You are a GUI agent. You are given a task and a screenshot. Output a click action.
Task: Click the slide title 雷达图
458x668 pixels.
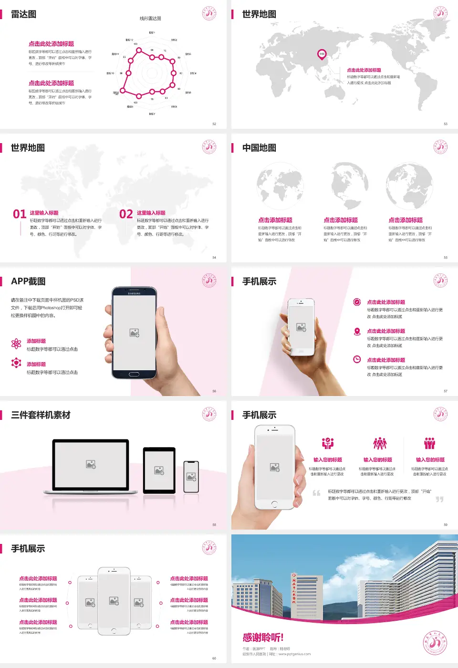click(x=23, y=14)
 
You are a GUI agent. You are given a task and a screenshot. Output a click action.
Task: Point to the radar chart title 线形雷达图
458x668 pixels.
click(x=150, y=19)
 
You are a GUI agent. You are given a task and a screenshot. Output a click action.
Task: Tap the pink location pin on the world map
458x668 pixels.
click(x=322, y=54)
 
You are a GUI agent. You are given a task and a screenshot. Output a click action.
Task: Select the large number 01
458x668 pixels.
click(x=20, y=214)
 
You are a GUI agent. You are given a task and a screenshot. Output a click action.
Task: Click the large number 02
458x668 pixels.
click(x=126, y=214)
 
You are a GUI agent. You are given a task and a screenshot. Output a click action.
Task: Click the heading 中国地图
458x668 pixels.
click(x=259, y=148)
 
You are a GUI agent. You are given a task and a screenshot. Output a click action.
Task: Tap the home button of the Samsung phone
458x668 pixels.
click(x=134, y=374)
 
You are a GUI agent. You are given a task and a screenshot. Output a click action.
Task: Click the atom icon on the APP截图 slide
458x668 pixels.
click(x=16, y=344)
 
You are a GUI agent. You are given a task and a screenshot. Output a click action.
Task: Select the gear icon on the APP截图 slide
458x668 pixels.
click(x=16, y=363)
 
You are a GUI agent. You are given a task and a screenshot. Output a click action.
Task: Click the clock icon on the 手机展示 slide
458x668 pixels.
click(x=357, y=359)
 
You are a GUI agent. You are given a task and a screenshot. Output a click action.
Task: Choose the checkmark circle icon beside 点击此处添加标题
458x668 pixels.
click(x=357, y=302)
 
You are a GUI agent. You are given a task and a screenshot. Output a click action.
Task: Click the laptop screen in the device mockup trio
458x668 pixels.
click(x=91, y=464)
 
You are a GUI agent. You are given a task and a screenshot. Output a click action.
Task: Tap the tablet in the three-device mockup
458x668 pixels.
click(x=159, y=470)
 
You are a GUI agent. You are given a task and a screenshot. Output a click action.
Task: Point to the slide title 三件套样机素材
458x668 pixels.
click(x=41, y=415)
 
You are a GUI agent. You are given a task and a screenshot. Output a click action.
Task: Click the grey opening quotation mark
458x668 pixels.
click(x=316, y=493)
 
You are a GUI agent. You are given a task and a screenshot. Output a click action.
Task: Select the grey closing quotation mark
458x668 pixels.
click(x=439, y=499)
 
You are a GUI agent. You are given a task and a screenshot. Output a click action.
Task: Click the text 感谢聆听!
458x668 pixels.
click(x=263, y=637)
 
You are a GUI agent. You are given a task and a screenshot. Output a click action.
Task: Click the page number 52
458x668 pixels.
click(x=214, y=124)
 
